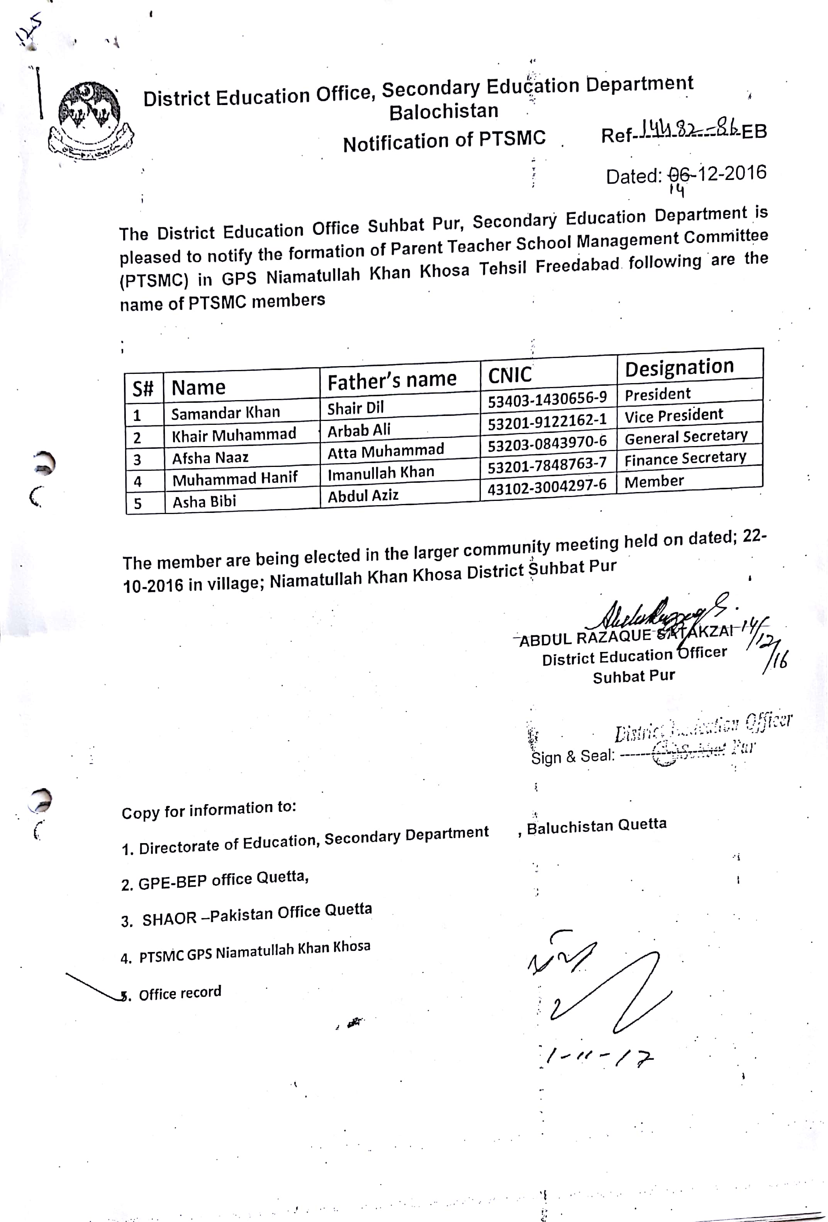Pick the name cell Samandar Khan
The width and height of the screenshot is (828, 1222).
click(226, 413)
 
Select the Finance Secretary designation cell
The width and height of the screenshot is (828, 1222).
click(685, 458)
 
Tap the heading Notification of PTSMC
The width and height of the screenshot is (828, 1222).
click(444, 141)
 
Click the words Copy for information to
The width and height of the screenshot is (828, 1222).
click(209, 810)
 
